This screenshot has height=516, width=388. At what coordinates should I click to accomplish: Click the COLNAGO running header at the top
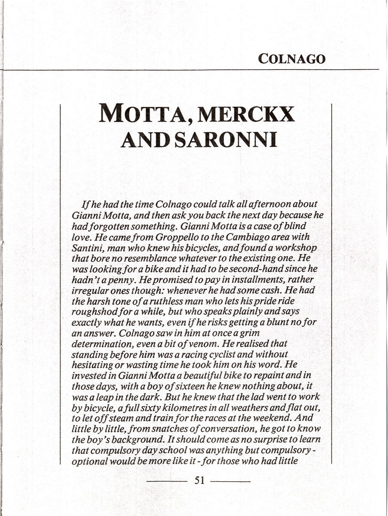click(x=292, y=58)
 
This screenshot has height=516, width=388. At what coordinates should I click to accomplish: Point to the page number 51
click(x=199, y=480)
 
